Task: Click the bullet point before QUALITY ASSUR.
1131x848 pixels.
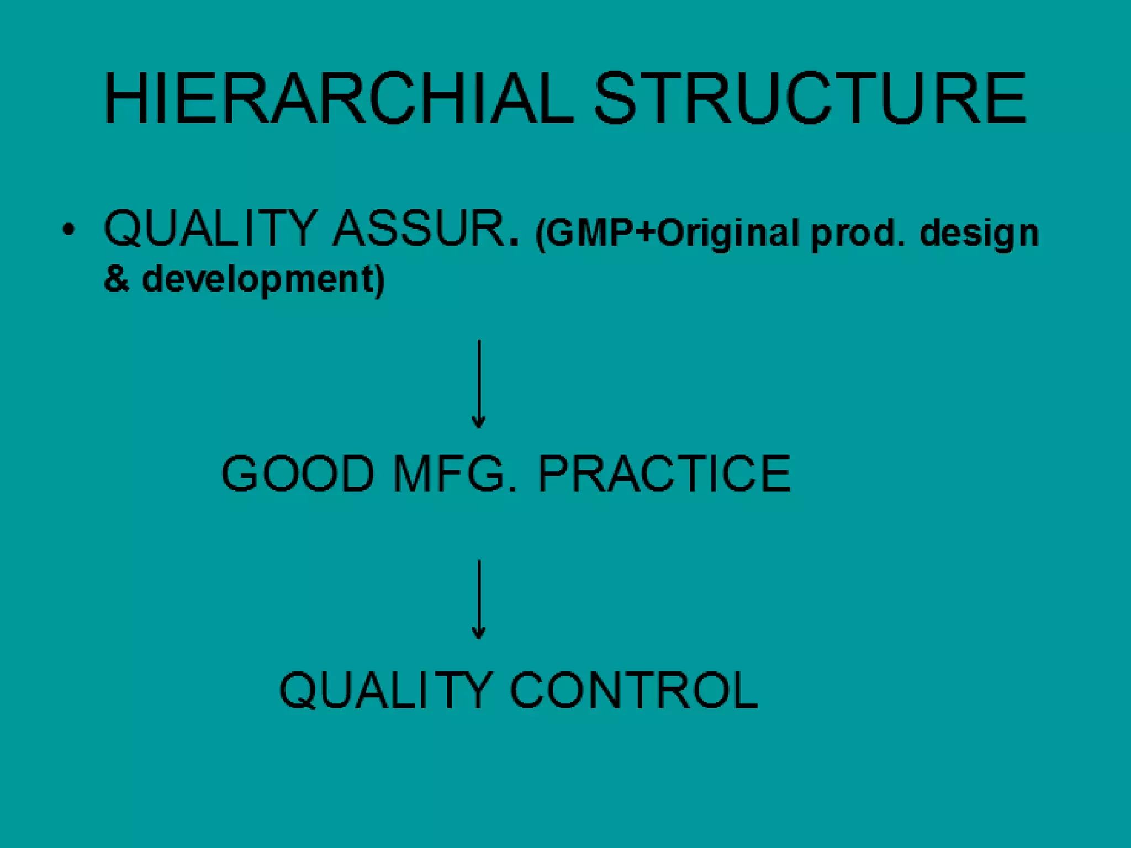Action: click(68, 230)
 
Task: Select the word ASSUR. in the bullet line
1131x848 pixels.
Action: click(426, 229)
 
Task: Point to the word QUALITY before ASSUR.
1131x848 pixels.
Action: click(210, 230)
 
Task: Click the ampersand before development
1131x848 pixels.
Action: click(117, 279)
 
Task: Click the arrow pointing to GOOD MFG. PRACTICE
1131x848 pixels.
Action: click(479, 384)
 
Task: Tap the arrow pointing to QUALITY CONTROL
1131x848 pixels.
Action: click(479, 599)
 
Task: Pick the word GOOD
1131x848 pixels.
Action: click(298, 474)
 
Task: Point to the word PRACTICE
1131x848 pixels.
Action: click(664, 474)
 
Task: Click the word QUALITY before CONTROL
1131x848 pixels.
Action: click(386, 691)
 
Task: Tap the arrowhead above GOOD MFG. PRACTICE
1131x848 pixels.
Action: click(479, 423)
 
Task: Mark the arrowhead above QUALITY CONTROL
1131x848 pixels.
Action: click(479, 634)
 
